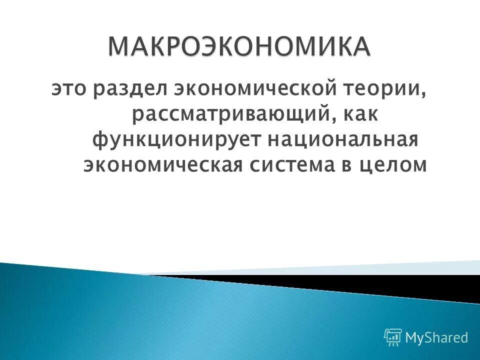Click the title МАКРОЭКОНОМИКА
click(239, 47)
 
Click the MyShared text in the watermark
click(436, 338)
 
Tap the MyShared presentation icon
click(393, 337)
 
